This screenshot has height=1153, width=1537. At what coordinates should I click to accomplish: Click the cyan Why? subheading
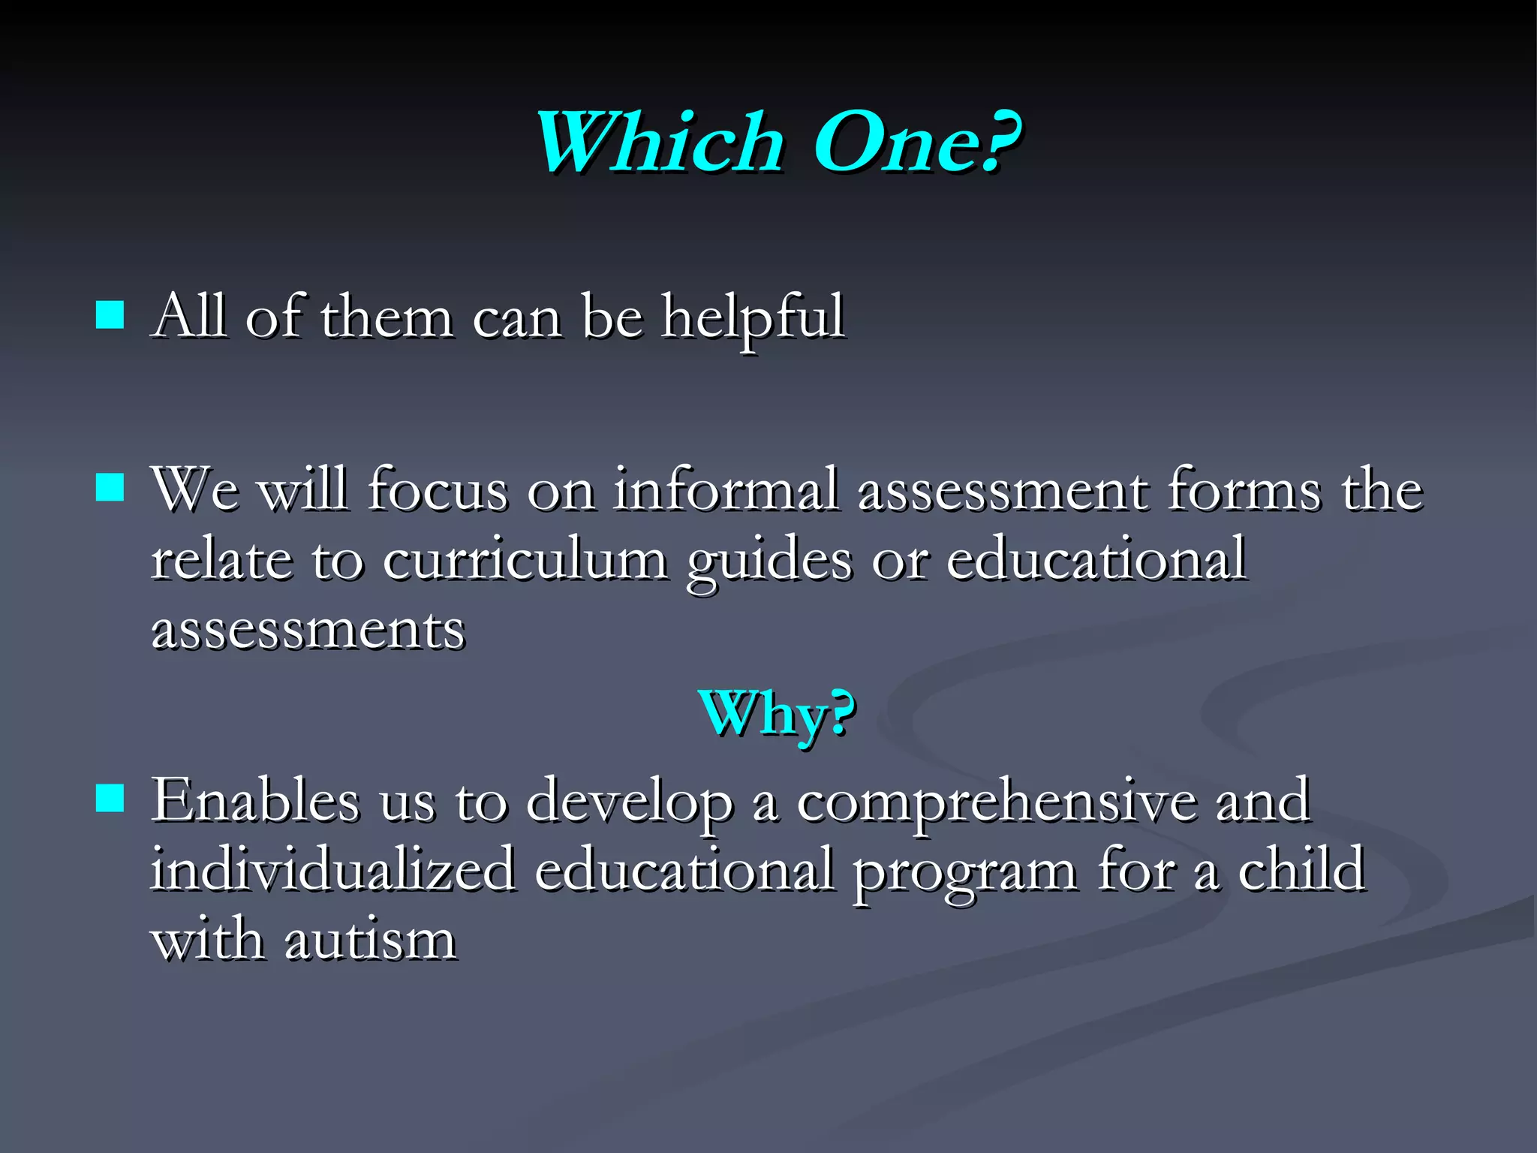tap(777, 713)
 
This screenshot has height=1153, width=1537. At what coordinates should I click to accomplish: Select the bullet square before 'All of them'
tap(110, 316)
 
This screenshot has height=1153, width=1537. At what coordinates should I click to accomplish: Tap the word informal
tap(725, 489)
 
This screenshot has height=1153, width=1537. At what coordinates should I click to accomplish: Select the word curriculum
tap(525, 560)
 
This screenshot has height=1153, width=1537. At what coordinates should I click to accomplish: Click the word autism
tap(370, 940)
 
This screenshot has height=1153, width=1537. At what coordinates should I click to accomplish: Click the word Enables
tap(255, 800)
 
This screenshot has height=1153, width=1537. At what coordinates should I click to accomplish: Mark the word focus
tap(438, 489)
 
